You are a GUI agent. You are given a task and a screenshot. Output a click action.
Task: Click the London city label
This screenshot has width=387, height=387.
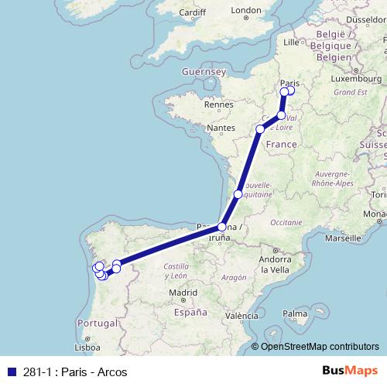246,11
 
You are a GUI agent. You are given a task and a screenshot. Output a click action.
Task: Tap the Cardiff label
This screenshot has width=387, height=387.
191,12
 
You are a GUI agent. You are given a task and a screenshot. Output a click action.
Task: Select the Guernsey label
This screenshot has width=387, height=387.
202,71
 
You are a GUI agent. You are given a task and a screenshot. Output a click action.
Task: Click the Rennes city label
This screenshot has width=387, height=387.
218,103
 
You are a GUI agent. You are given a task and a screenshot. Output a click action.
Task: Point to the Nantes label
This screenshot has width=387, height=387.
221,127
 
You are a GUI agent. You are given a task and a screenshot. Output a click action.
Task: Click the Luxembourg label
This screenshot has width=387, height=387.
354,79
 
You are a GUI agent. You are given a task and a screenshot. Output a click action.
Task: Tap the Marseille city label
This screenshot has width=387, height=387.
344,238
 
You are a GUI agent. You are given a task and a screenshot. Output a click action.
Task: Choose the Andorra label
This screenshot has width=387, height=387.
275,259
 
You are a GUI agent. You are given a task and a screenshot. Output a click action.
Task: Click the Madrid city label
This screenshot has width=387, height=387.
183,293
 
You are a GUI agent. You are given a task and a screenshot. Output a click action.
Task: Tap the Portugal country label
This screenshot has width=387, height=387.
97,322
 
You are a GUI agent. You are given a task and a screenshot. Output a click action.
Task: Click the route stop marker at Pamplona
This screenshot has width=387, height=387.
221,227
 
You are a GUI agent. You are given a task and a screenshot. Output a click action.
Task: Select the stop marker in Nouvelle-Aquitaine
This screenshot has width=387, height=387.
238,194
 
